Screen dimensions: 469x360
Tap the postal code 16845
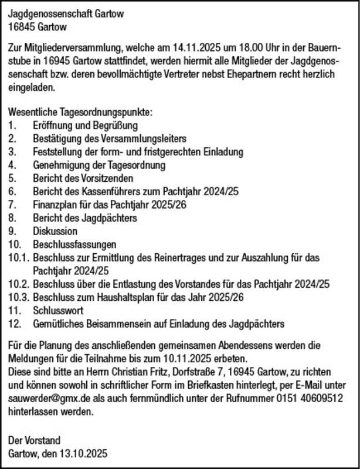tap(21, 26)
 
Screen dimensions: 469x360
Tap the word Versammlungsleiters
tap(145, 138)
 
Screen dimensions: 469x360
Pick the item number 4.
tap(12, 165)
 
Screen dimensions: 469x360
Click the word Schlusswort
tap(58, 310)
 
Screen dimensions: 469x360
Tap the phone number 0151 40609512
tap(303, 398)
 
